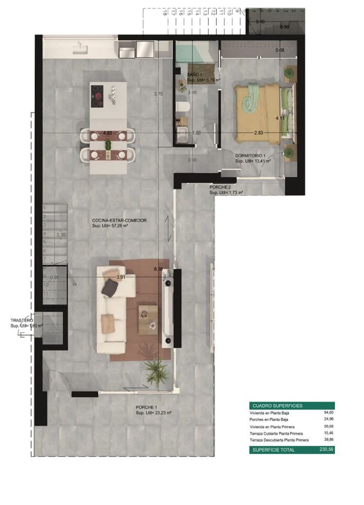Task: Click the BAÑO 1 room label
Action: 195,75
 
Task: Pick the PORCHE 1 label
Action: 146,407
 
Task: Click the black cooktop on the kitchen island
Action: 98,95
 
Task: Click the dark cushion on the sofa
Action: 109,287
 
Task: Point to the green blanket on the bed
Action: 251,97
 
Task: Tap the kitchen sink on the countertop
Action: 79,47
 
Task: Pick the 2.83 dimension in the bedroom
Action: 258,133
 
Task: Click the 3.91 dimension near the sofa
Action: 121,277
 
